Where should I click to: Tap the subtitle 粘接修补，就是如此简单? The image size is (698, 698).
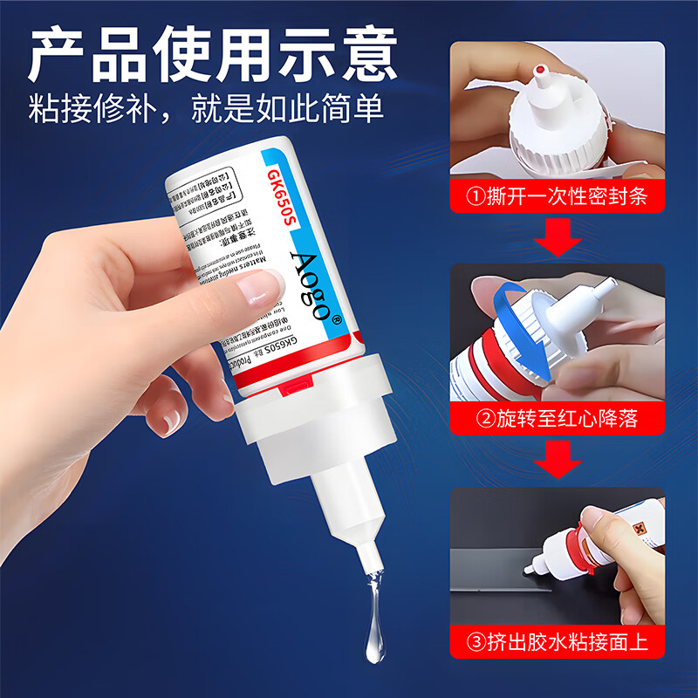(206, 109)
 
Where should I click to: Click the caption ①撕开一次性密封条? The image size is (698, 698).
(556, 196)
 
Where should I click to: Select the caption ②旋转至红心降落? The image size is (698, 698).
(556, 419)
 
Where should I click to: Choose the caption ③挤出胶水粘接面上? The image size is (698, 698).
(556, 643)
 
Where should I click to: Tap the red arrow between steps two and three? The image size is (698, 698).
(557, 460)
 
